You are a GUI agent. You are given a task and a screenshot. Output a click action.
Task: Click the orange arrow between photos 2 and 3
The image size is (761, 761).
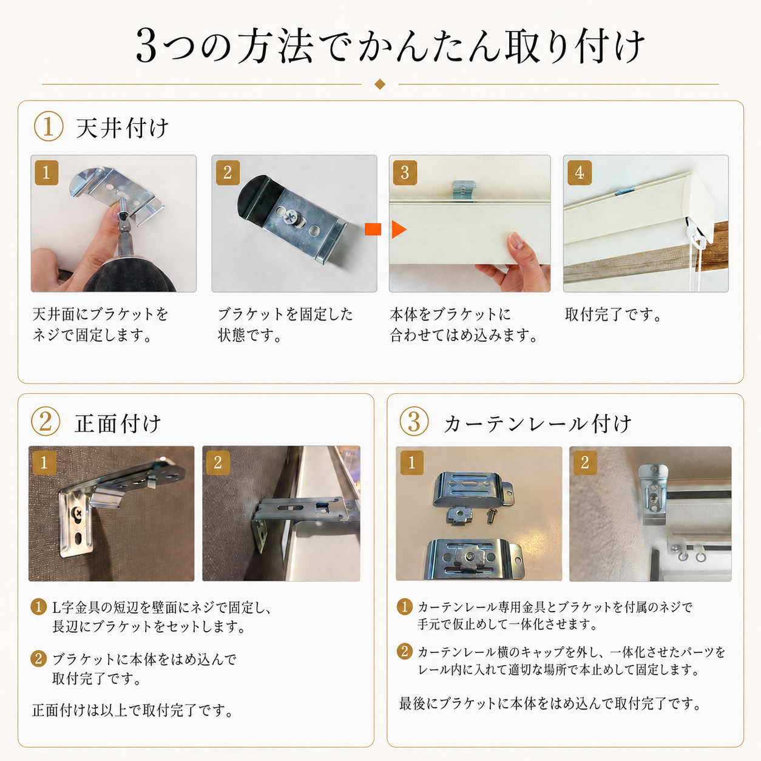click(x=385, y=229)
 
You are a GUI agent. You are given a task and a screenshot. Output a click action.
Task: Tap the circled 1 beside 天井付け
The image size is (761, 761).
click(x=48, y=126)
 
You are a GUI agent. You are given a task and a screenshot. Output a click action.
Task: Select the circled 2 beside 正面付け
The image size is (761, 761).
click(x=46, y=421)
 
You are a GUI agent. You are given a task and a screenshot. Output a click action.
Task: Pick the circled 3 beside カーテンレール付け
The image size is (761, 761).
click(x=414, y=421)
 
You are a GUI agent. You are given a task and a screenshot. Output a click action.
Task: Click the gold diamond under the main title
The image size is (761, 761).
click(x=380, y=84)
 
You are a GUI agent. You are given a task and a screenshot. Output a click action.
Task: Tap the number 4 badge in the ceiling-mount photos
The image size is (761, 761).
click(x=580, y=172)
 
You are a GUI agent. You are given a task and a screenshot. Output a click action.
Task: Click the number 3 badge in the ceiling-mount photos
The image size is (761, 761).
click(x=405, y=172)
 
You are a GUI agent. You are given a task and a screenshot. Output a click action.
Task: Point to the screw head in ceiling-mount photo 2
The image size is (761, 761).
click(x=290, y=217)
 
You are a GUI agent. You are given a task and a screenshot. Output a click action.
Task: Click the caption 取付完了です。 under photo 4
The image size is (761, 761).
click(x=614, y=315)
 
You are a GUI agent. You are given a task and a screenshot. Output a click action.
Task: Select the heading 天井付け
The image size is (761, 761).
click(x=123, y=128)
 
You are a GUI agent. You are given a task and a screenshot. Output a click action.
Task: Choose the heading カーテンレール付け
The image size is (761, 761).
click(x=538, y=424)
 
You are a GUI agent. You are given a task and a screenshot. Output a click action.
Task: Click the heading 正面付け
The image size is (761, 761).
click(x=118, y=424)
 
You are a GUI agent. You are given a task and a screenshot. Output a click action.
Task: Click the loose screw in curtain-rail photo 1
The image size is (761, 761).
click(x=491, y=515)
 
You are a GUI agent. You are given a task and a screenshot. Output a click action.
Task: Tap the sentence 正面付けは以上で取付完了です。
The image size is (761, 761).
click(x=133, y=710)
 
